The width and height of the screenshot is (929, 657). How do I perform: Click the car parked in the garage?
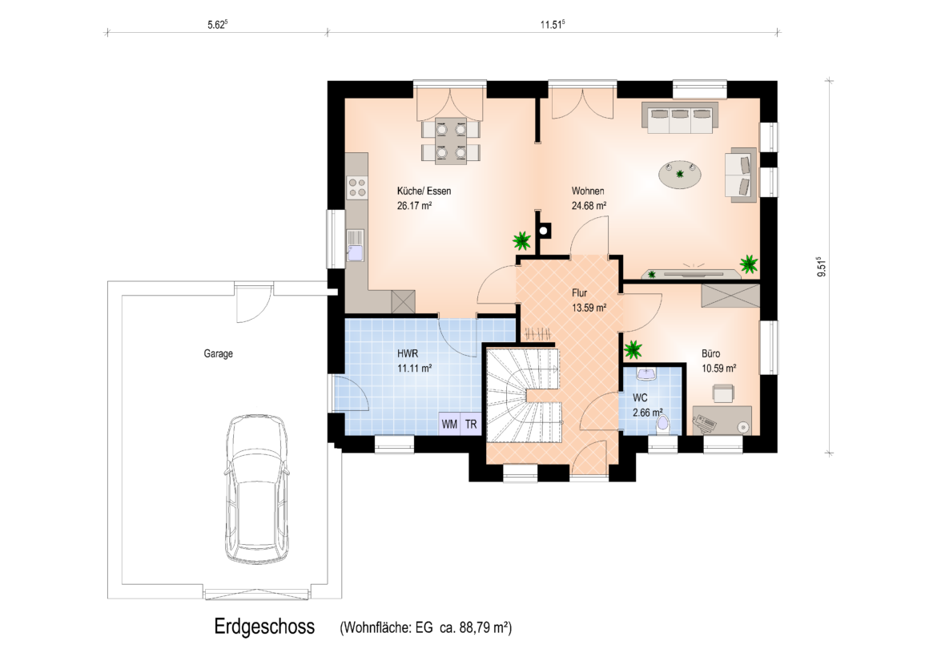[x=258, y=489]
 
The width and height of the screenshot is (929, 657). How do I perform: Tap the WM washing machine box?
[x=449, y=424]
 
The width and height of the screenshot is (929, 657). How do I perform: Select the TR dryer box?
[x=471, y=424]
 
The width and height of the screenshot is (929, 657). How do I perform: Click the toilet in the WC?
[x=663, y=423]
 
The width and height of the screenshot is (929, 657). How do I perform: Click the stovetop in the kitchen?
[x=357, y=187]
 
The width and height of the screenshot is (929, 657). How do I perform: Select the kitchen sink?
[x=356, y=245]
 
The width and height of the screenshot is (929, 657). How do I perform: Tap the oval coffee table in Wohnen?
[x=681, y=175]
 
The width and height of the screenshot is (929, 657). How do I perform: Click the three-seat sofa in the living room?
[x=680, y=118]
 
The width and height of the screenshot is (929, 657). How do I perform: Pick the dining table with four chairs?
[x=451, y=141]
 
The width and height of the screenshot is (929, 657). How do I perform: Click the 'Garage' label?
[x=218, y=353]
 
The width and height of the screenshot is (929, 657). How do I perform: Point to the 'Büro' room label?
[x=711, y=353]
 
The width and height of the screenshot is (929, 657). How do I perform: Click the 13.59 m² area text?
[x=589, y=308]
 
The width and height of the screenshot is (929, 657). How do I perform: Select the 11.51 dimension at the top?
[x=552, y=25]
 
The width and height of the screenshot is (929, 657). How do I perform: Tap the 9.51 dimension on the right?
[x=821, y=267]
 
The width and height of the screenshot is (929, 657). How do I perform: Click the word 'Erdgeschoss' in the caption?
[x=264, y=627]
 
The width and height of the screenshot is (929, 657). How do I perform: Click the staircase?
[x=524, y=395]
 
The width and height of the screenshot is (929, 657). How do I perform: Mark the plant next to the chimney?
[x=522, y=240]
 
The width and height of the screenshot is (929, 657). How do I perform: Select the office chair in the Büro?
[x=723, y=393]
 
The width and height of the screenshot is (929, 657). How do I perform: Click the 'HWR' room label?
[x=407, y=353]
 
